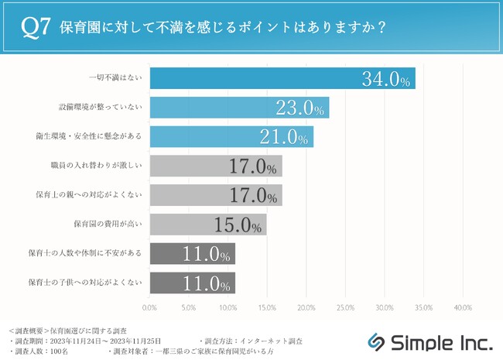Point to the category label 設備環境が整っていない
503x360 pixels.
point(104,108)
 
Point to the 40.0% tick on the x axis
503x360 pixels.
point(462,307)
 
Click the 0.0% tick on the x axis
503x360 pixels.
point(150,307)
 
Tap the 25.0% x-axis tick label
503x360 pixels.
point(345,307)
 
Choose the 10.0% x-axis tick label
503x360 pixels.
point(228,307)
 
